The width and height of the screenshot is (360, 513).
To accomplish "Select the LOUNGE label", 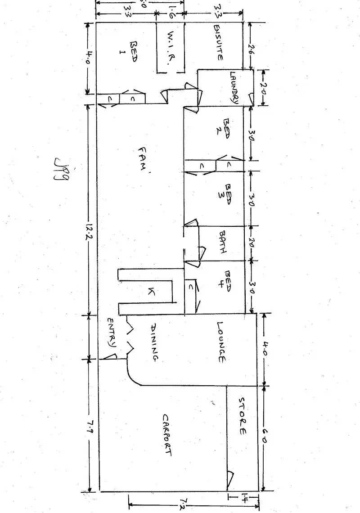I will pyautogui.click(x=221, y=342).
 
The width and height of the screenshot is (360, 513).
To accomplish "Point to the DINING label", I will pyautogui.click(x=154, y=343).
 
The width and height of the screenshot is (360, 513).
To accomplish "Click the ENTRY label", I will pyautogui.click(x=112, y=333).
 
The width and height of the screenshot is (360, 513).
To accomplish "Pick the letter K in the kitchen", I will pyautogui.click(x=151, y=292).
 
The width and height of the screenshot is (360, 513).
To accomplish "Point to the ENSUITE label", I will pyautogui.click(x=219, y=43).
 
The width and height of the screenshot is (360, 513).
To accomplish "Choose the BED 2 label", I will pyautogui.click(x=226, y=129).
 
